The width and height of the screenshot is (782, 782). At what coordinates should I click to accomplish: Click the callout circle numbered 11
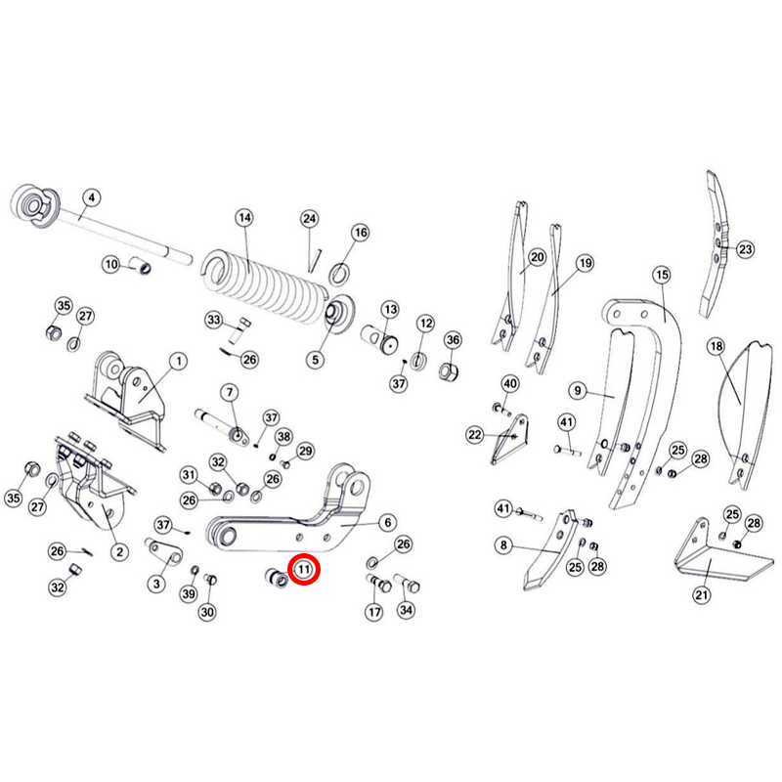[x=304, y=569]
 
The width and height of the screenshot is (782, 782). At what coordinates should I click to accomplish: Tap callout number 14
[x=244, y=218]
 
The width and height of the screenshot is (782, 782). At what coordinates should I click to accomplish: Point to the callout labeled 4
[x=91, y=198]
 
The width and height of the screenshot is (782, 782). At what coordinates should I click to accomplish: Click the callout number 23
[x=745, y=249]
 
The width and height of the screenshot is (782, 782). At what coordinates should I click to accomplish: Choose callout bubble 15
[x=662, y=275]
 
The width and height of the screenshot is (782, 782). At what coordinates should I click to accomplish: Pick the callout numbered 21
[x=702, y=594]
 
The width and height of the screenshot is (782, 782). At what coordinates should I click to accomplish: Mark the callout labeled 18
[x=717, y=346]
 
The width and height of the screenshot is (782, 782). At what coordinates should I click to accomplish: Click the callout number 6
[x=388, y=522]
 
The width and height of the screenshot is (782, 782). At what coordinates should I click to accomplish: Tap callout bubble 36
[x=453, y=340]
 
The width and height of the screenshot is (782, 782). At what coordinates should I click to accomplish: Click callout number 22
[x=475, y=435]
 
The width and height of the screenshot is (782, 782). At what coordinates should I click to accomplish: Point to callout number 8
[x=503, y=545]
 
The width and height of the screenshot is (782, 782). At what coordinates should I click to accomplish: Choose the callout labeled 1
[x=179, y=361]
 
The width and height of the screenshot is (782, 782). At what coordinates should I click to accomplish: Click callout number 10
[x=111, y=264]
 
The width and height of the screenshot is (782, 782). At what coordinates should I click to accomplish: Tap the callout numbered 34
[x=406, y=610]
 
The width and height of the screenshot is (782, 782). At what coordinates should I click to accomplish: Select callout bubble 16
[x=361, y=233]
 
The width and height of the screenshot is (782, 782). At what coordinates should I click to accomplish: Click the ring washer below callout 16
[x=339, y=275]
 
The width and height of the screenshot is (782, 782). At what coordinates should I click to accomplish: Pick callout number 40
[x=509, y=383]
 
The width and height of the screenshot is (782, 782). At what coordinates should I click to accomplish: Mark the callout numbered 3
[x=156, y=584]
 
